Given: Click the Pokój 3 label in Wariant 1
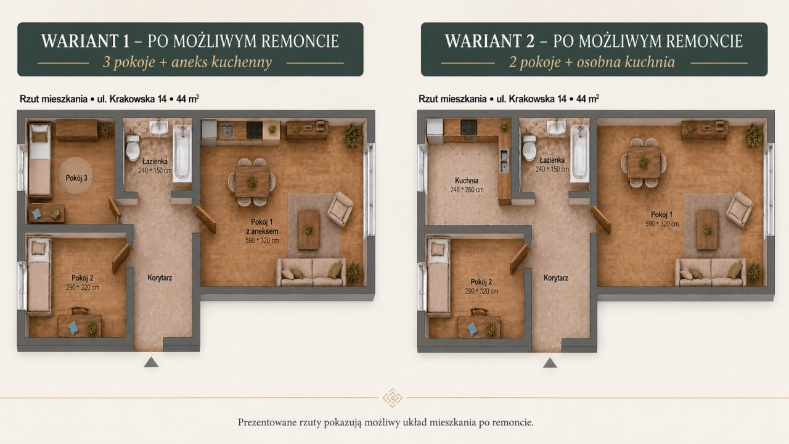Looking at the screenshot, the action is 76,178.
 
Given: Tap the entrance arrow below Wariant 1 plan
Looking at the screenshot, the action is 151,362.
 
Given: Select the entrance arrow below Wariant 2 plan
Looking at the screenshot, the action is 550,363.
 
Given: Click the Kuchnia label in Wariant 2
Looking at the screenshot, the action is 467,181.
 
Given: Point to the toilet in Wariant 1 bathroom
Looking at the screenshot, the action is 133,147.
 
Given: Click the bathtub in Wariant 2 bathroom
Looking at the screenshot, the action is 580,154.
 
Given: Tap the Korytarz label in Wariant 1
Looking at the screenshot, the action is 160,278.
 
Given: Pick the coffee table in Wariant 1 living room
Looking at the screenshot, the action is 309,230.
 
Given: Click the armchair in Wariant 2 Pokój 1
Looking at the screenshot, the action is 739,209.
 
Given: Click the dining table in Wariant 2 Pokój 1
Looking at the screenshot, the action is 644,162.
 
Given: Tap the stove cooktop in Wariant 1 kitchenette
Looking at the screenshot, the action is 255,131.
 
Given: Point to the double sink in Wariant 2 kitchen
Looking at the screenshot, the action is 504,161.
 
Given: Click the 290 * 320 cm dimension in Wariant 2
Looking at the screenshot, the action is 481,292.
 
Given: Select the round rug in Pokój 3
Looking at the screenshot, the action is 76,176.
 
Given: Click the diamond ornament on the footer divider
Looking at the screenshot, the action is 393,398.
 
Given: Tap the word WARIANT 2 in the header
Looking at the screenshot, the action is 489,41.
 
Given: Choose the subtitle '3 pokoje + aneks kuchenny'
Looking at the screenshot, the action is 187,62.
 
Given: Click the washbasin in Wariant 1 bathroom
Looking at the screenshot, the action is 158,127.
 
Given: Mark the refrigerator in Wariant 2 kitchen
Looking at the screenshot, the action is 435,131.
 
